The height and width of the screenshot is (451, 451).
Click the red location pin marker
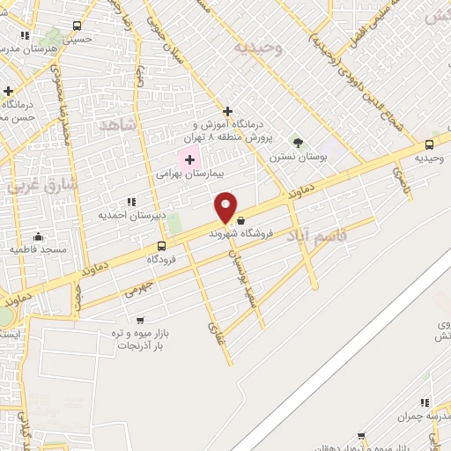click(x=226, y=208)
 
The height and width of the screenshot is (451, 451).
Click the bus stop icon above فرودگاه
click(x=161, y=246)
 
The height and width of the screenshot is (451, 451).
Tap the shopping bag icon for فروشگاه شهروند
click(x=240, y=220)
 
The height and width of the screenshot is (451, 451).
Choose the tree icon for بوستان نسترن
click(x=298, y=142)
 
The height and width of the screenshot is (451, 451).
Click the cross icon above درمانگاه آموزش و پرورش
click(x=228, y=111)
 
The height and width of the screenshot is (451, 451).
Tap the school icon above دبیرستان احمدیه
click(x=132, y=202)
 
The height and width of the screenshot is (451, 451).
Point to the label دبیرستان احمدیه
click(x=129, y=215)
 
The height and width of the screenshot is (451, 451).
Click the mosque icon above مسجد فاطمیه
click(x=38, y=236)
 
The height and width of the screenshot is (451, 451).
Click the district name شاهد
click(x=119, y=124)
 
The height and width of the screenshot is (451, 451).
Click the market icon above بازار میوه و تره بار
click(x=140, y=321)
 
